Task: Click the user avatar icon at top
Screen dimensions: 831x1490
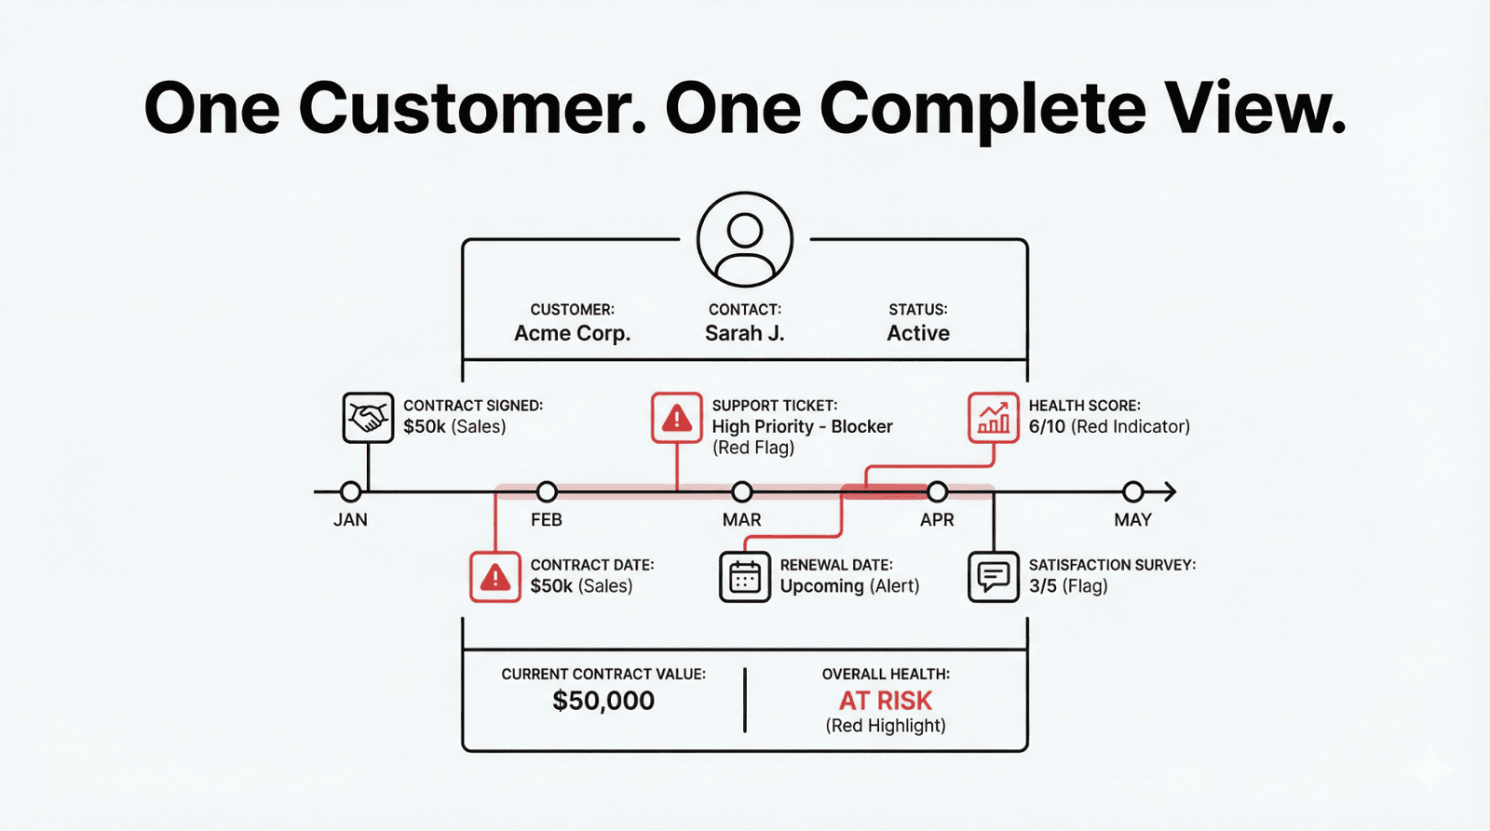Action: point(744,240)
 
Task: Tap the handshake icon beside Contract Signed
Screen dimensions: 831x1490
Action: point(368,417)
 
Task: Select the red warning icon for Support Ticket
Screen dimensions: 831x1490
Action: point(676,417)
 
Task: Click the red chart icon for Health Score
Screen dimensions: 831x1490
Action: point(993,417)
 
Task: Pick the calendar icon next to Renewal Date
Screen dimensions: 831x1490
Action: point(744,577)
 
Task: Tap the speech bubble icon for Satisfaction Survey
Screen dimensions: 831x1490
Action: point(993,577)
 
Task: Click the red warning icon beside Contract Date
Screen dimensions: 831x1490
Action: point(494,577)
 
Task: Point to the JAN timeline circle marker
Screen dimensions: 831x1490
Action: point(350,491)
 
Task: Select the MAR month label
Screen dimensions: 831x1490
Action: point(741,520)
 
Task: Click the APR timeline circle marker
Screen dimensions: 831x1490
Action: point(937,491)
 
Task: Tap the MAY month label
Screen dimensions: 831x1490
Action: point(1132,520)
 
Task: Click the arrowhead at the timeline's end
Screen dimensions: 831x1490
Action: point(1170,491)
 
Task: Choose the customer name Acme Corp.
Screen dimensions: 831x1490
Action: point(572,333)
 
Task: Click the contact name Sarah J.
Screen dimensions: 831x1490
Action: point(744,333)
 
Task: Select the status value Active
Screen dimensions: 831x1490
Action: point(917,333)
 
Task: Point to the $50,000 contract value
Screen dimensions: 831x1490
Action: point(603,701)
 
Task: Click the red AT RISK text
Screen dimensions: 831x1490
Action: point(885,701)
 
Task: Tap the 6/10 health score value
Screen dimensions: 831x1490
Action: point(1047,427)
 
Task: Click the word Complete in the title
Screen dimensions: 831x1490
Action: point(982,109)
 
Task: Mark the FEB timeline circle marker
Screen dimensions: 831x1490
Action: point(547,491)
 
